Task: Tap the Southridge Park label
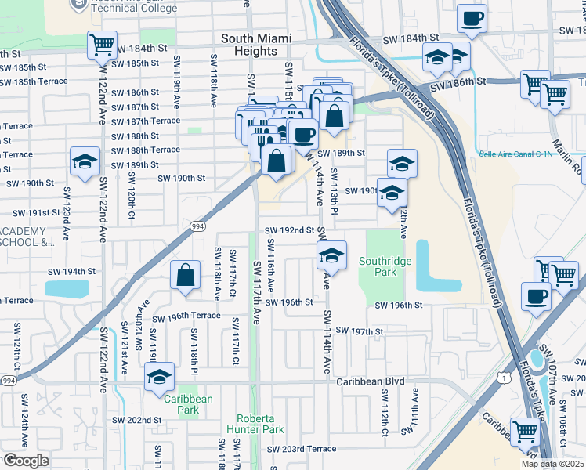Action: pyautogui.click(x=379, y=267)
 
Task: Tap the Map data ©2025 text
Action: pyautogui.click(x=552, y=464)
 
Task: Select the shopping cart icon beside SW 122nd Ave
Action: pyautogui.click(x=102, y=45)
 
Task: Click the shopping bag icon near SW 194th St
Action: pyautogui.click(x=184, y=276)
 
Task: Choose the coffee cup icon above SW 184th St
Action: pyautogui.click(x=472, y=19)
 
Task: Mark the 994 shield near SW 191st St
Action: pyautogui.click(x=197, y=226)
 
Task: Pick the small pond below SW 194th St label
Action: pyautogui.click(x=67, y=288)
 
